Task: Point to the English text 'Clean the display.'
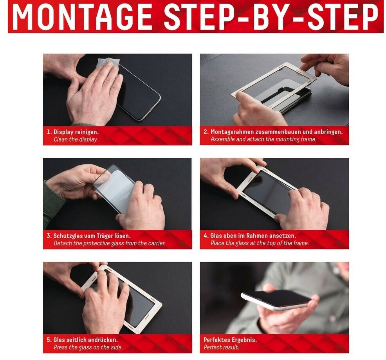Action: point(76,139)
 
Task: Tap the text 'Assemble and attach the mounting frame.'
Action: point(263,139)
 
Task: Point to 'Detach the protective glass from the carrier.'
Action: point(110,243)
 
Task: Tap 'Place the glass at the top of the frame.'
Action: point(260,243)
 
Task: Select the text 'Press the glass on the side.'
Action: point(88,347)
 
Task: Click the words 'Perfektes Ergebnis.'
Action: point(230,340)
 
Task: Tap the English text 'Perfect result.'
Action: point(221,347)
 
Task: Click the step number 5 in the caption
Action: point(49,340)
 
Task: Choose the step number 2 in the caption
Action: point(206,132)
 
